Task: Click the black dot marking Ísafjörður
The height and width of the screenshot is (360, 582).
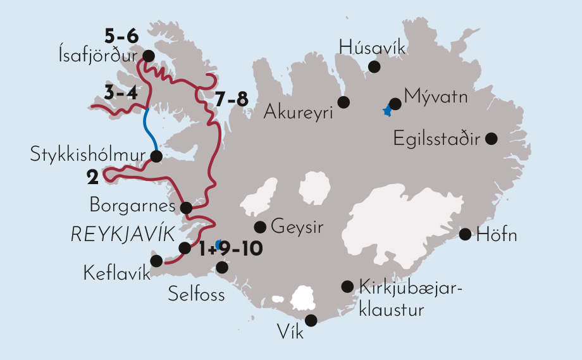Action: [x=149, y=56]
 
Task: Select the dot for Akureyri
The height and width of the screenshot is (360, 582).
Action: [x=344, y=101]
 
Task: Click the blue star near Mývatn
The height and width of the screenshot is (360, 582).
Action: [x=387, y=111]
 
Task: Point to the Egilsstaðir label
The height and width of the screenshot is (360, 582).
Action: [x=437, y=137]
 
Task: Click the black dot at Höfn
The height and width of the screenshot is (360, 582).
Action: [x=465, y=234]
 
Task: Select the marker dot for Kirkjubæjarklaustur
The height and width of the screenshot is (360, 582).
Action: [x=347, y=287]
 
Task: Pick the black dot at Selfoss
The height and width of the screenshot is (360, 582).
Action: [x=222, y=268]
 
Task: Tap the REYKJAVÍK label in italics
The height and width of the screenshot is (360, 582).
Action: [x=122, y=235]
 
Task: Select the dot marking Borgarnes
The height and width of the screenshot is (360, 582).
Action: [x=186, y=207]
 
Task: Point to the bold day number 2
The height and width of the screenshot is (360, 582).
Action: [x=93, y=178]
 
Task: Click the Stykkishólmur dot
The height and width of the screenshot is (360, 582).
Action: [x=156, y=155]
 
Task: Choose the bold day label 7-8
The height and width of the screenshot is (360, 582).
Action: [x=231, y=100]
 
